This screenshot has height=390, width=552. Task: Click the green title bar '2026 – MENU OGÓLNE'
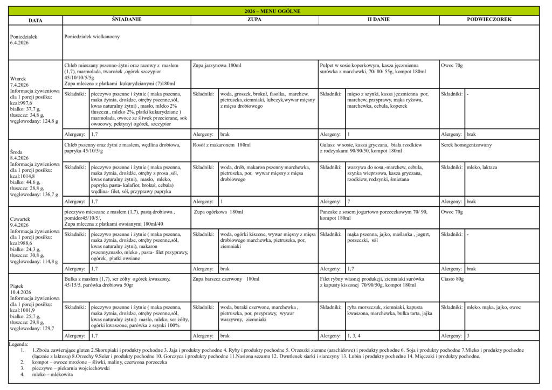[x=275, y=11]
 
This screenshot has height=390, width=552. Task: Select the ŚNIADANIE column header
[x=126, y=19]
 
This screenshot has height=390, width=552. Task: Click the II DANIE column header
[x=378, y=19]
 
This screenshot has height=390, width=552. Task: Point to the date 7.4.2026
[x=19, y=85]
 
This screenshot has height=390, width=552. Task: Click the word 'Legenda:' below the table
[x=19, y=344]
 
